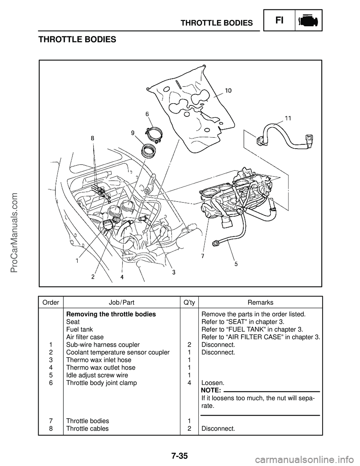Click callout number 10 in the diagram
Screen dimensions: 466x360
point(228,90)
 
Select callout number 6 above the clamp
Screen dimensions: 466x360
point(147,113)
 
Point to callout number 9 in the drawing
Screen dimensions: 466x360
point(132,132)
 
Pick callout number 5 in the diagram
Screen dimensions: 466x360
point(236,263)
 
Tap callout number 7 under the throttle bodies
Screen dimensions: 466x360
point(202,256)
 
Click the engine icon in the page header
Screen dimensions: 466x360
point(309,20)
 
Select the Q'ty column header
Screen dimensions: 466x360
point(189,302)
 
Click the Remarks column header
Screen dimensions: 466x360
point(260,302)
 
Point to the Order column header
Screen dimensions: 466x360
point(51,302)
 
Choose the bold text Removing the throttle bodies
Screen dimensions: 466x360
point(111,314)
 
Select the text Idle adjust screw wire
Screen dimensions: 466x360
point(97,375)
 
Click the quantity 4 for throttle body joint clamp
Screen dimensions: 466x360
point(189,383)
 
